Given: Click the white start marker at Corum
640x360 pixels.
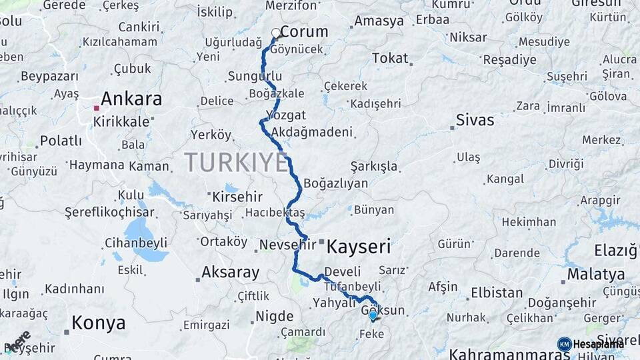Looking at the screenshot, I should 276,33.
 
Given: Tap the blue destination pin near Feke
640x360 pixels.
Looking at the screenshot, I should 373,315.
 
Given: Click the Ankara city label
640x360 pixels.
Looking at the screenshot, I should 131,99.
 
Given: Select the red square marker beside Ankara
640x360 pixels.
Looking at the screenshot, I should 97,108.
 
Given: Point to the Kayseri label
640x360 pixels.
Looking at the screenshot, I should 359,247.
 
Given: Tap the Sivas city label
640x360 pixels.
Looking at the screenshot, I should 475,121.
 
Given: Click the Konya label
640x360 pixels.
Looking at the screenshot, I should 98,323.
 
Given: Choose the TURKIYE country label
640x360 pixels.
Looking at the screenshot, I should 236,162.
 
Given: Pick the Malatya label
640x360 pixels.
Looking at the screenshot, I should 596,274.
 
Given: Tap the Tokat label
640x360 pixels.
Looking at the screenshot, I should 390,58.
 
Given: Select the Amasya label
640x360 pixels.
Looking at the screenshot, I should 379,21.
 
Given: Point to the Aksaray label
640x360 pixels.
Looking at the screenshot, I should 230,272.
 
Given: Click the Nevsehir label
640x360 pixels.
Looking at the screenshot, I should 287,245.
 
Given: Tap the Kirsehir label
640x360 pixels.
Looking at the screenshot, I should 237,197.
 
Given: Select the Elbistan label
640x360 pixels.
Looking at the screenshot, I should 497,293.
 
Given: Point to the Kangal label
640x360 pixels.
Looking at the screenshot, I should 505,179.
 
